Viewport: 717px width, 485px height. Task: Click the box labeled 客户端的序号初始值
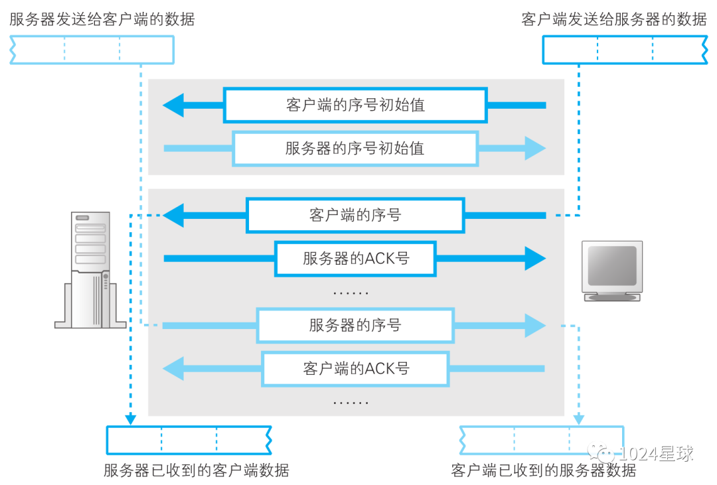(x=355, y=105)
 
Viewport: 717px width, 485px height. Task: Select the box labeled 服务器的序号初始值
(x=355, y=149)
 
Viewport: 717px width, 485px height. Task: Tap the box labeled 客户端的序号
(x=355, y=216)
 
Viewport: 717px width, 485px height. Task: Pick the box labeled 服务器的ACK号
(x=355, y=259)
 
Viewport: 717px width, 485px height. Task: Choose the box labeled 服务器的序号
(x=355, y=326)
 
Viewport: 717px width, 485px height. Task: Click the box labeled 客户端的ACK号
(x=355, y=369)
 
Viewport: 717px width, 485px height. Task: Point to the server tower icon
(x=90, y=269)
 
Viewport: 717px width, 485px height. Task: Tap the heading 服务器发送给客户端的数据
(x=102, y=19)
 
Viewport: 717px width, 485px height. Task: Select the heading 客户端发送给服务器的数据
(x=614, y=19)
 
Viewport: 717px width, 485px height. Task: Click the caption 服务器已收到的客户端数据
(x=196, y=470)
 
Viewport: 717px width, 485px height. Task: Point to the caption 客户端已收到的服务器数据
(x=544, y=470)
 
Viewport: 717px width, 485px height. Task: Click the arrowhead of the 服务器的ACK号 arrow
(x=535, y=259)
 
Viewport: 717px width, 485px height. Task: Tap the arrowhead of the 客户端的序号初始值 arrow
(x=173, y=105)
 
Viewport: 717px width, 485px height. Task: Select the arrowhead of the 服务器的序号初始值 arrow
(x=535, y=149)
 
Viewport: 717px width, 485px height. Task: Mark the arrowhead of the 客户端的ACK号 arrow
(x=173, y=369)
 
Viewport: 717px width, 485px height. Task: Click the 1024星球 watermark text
(x=656, y=453)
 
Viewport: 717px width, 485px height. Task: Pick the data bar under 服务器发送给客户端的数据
(x=92, y=50)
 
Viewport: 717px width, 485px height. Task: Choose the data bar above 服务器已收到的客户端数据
(x=189, y=440)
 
